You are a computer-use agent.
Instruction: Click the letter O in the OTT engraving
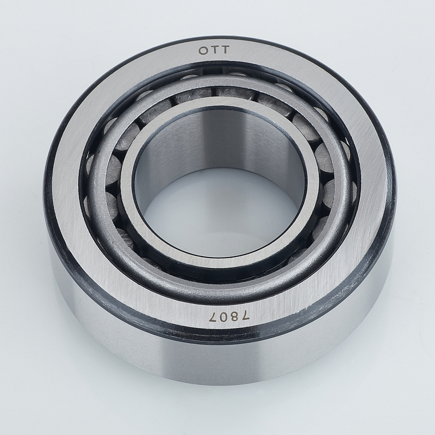pos(203,51)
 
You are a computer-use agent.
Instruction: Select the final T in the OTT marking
pos(225,50)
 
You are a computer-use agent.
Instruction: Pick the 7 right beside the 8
pos(244,316)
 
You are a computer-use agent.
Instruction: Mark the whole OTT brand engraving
pos(214,51)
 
